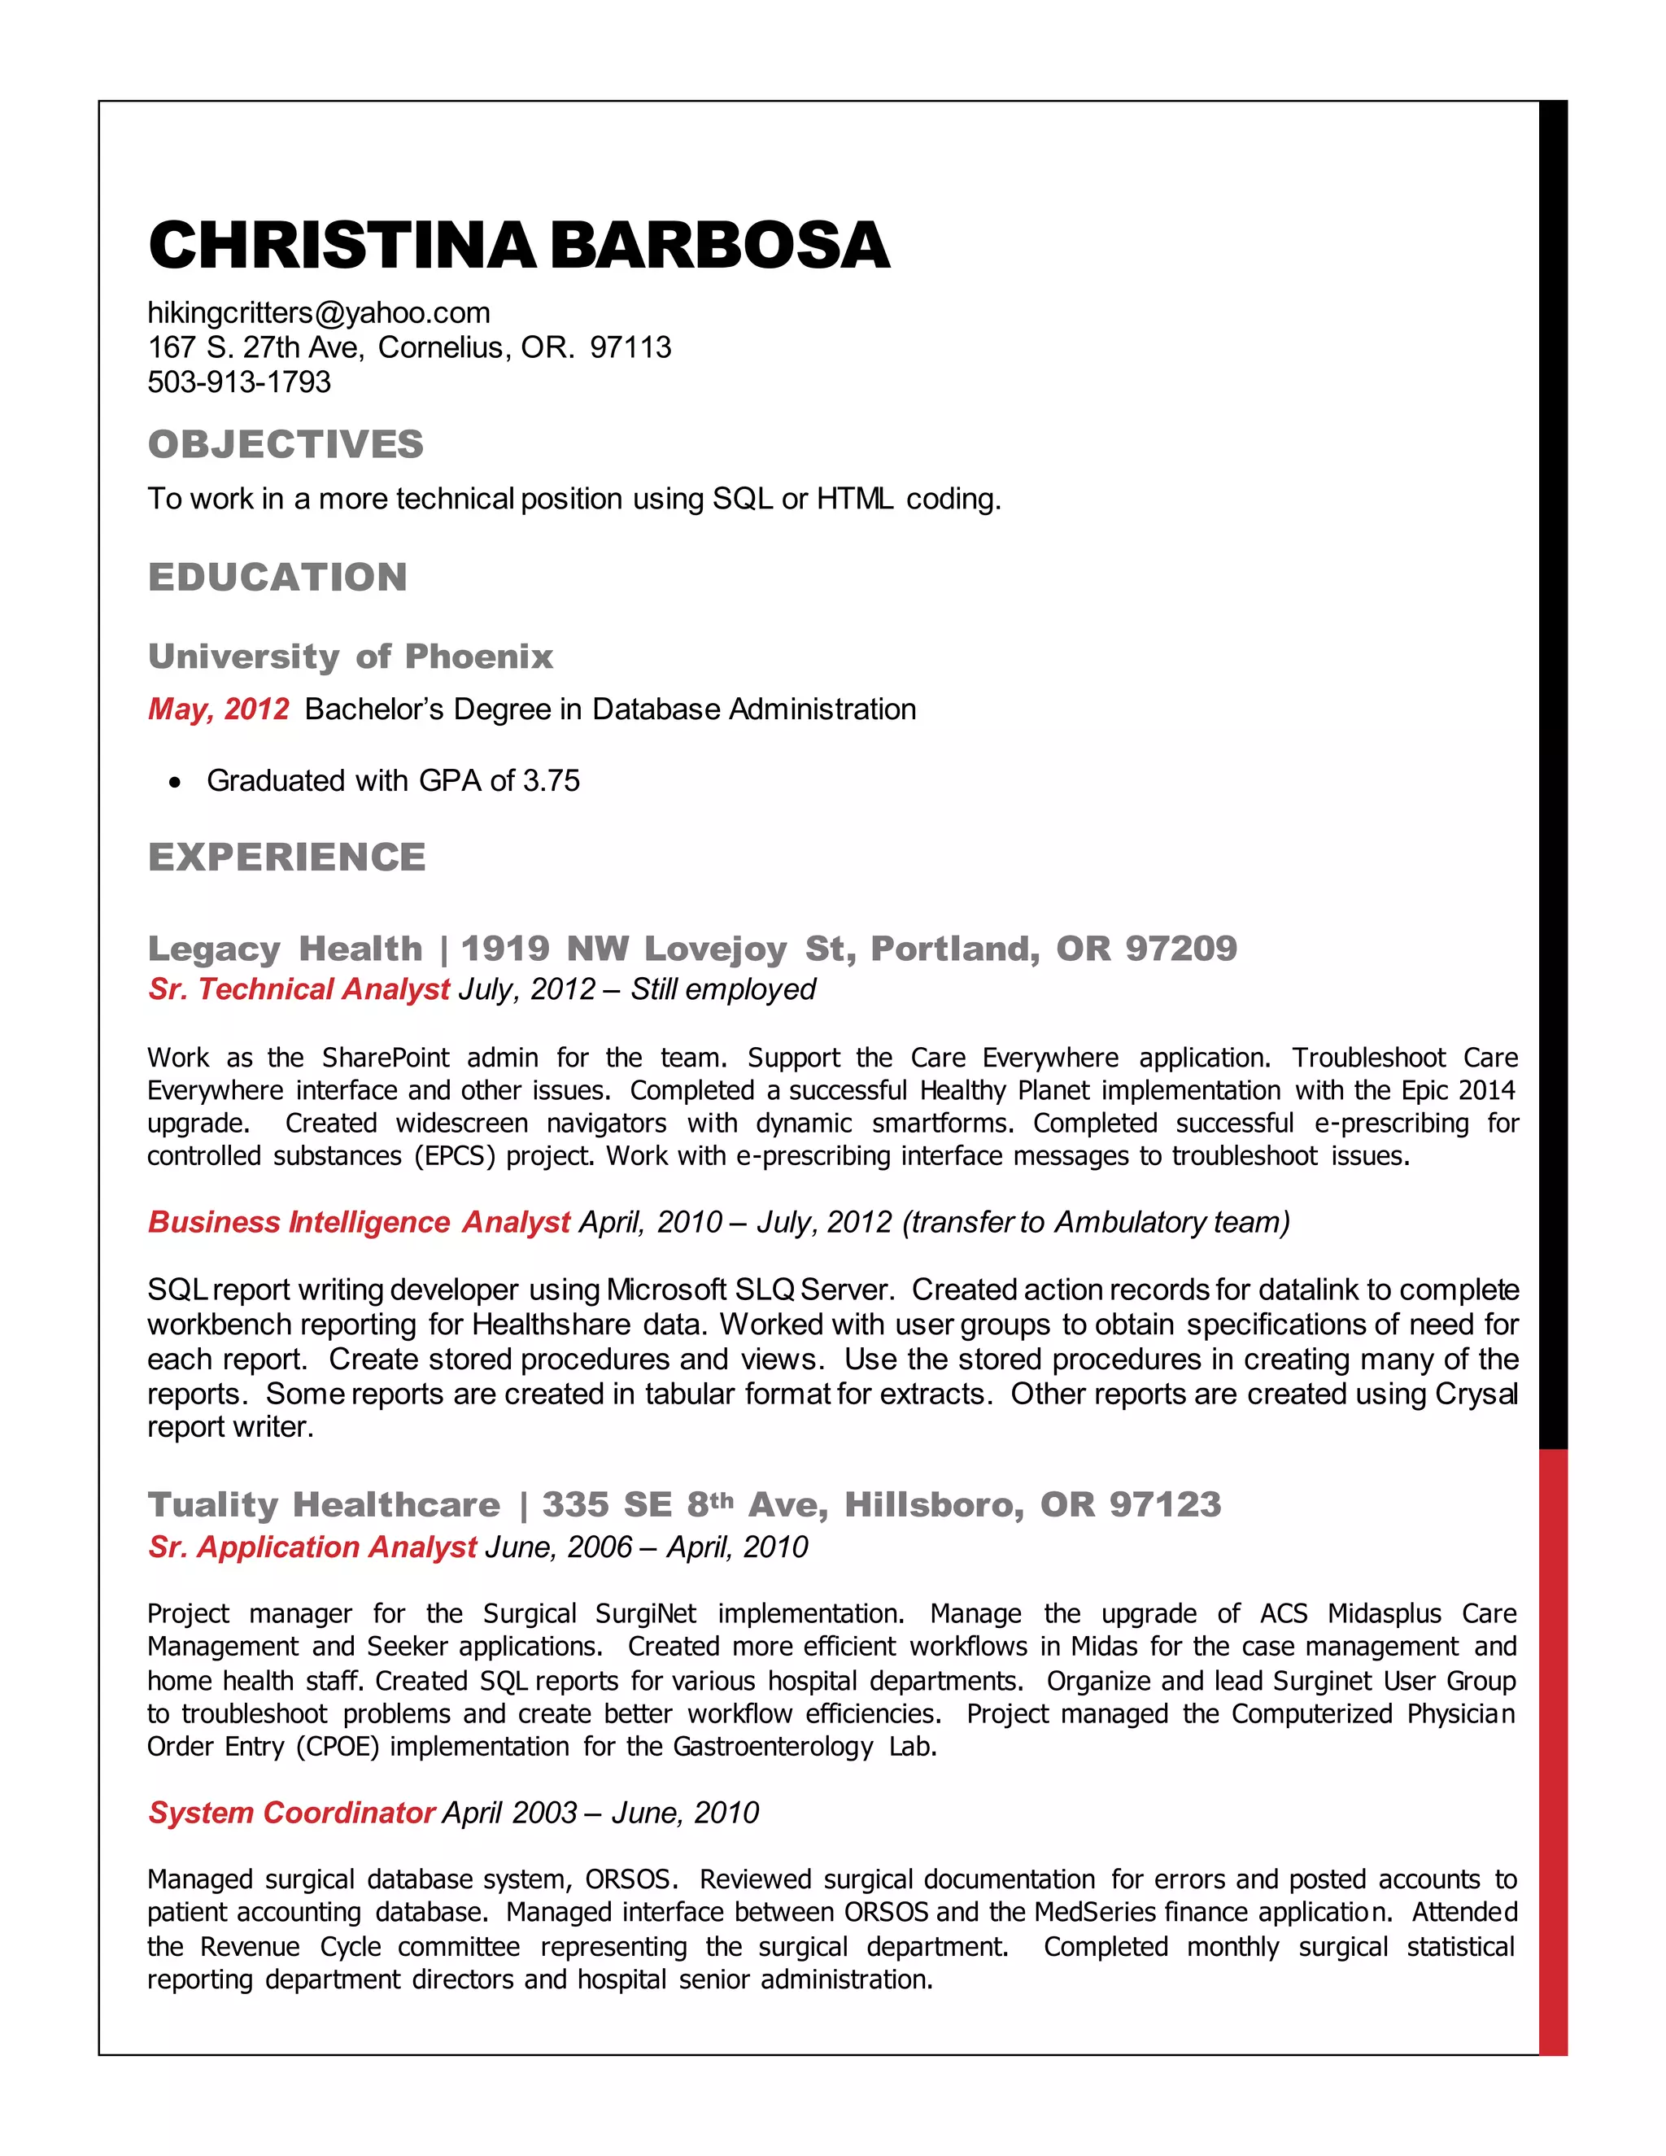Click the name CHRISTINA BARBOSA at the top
[x=518, y=245]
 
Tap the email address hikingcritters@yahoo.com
[x=319, y=313]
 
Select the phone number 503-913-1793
[x=239, y=382]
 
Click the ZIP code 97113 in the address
[x=630, y=347]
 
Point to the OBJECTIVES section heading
[x=286, y=444]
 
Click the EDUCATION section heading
[x=277, y=578]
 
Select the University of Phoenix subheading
[x=351, y=657]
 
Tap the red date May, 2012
[x=218, y=709]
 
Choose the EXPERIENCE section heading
[x=286, y=857]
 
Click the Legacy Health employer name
[x=284, y=949]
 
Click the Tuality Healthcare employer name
[x=324, y=1504]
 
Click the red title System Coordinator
[x=291, y=1813]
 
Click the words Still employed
[x=722, y=989]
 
